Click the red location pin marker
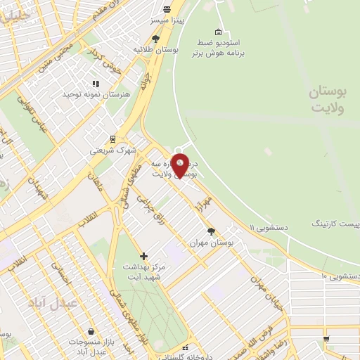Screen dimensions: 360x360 click(181, 165)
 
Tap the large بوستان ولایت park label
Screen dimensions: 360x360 click(328, 100)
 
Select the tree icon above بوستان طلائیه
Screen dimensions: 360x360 click(155, 39)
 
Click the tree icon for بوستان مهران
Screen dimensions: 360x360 click(212, 231)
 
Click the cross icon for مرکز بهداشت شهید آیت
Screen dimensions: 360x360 click(144, 256)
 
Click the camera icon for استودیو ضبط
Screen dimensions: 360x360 click(219, 32)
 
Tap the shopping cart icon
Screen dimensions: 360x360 click(325, 338)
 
